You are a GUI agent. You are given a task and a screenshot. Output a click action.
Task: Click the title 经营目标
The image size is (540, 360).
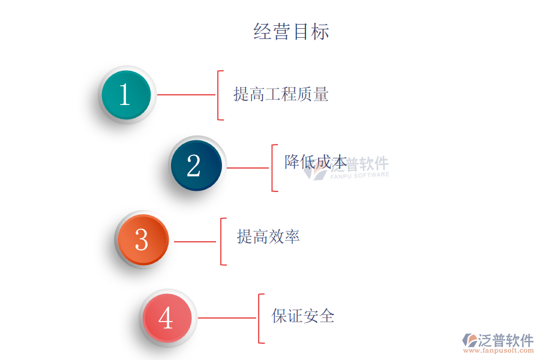pos(292,32)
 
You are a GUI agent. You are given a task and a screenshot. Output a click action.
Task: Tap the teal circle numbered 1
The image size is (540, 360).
pos(127,95)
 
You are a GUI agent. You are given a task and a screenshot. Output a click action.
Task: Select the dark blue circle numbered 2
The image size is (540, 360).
pos(196,166)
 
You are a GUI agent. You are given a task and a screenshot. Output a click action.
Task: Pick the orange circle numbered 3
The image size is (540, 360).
pos(143,240)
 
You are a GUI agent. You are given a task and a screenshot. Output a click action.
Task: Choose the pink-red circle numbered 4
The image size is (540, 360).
pos(167,318)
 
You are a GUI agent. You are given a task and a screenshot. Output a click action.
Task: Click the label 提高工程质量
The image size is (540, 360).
pos(281,94)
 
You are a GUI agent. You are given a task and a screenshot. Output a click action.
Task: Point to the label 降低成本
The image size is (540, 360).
pos(316,162)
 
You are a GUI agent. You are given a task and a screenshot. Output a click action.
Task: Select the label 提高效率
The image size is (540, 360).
pos(268,236)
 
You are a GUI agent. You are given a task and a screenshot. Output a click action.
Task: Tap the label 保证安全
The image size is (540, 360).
pos(303,316)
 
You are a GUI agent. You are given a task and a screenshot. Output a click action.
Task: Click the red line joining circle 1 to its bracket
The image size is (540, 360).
pos(186,95)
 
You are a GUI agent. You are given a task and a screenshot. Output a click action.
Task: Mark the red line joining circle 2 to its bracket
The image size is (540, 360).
pos(248,168)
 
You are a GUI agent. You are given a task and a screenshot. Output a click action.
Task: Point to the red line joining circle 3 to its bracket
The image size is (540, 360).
pos(195,242)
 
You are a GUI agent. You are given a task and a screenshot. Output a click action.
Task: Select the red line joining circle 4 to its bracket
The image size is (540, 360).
pos(227,318)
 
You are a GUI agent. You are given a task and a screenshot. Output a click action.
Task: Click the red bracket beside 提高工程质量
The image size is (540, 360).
pos(218,95)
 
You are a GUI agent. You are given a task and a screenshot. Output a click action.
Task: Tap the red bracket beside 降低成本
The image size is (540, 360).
pos(272,168)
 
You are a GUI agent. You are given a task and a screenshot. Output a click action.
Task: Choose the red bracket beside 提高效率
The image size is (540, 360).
pos(221,241)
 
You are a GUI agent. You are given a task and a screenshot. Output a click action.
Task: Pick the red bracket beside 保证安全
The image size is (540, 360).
pos(259,319)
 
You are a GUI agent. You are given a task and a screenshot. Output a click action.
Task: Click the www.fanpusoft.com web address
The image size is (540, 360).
pos(499,350)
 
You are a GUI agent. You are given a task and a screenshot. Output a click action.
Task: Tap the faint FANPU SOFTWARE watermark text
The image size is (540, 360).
pos(360,175)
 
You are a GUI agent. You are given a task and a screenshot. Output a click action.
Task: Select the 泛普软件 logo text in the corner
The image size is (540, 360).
pos(506,340)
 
